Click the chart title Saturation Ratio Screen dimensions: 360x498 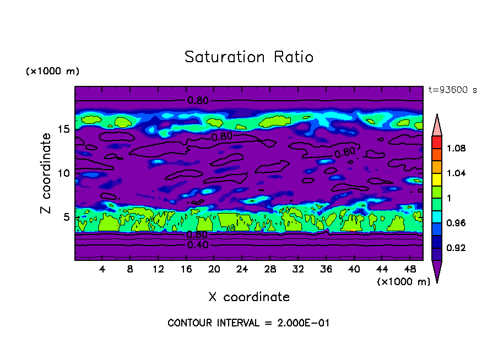click(x=249, y=57)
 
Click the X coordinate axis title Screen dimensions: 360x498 click(x=249, y=297)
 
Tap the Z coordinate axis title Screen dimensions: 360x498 click(x=46, y=173)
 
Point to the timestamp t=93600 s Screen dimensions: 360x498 click(x=452, y=90)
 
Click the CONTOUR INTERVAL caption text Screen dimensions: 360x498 click(x=248, y=323)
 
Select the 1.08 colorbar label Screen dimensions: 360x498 click(x=457, y=149)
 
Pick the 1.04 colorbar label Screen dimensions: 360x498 click(x=457, y=173)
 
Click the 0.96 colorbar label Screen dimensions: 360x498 click(x=457, y=223)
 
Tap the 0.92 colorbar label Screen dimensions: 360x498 click(x=457, y=248)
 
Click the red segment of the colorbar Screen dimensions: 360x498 click(x=436, y=142)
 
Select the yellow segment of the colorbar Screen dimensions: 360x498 click(x=436, y=179)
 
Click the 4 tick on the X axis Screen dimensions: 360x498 click(x=102, y=269)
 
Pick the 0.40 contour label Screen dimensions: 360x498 click(x=198, y=245)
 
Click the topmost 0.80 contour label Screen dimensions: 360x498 click(x=198, y=101)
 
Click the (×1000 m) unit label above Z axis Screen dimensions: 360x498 click(x=52, y=72)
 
